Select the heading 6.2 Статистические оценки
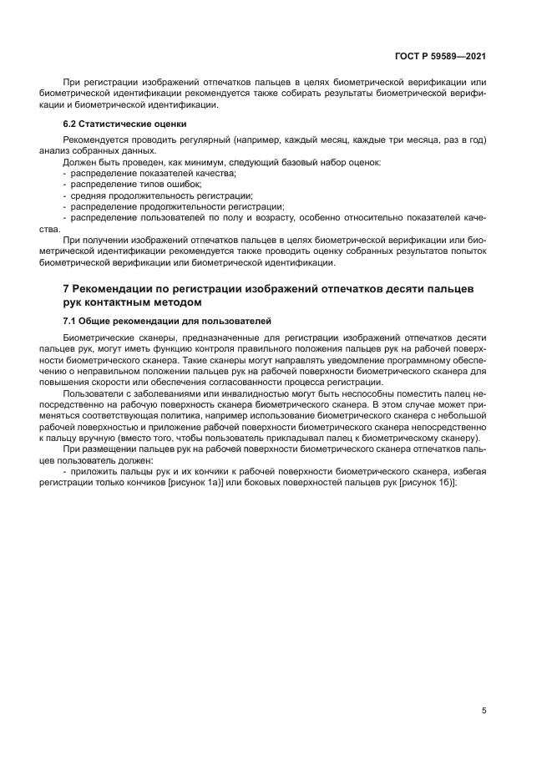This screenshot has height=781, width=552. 109,123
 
